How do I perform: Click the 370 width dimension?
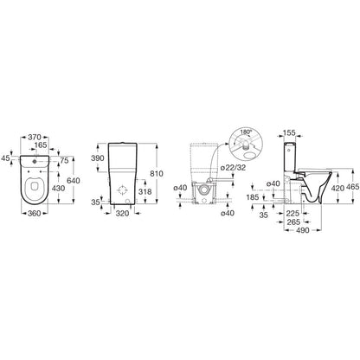click(35, 137)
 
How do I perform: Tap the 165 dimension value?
click(40, 145)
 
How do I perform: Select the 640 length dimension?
click(74, 181)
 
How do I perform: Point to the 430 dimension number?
click(59, 188)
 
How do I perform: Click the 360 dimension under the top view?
click(35, 213)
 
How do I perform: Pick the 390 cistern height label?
click(98, 158)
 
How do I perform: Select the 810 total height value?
click(157, 174)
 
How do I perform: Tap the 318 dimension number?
click(145, 191)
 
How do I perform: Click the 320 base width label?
click(123, 214)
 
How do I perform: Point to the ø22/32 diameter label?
click(233, 168)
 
